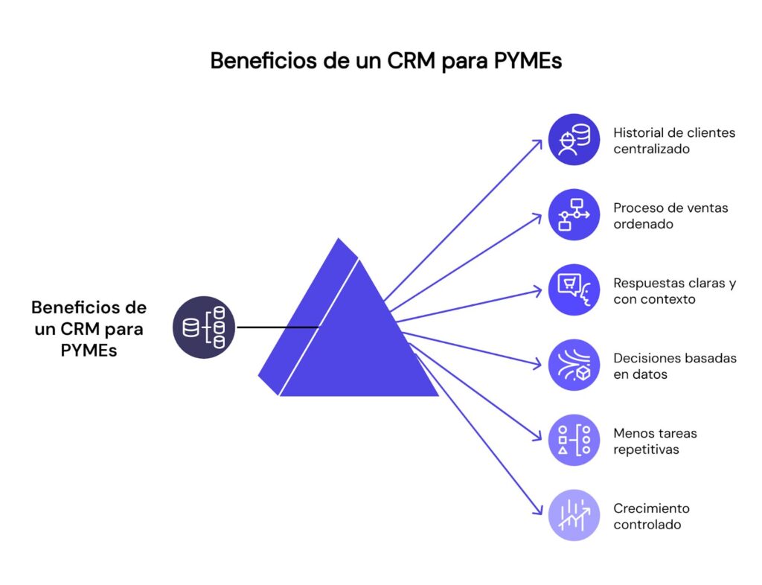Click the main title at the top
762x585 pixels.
(385, 61)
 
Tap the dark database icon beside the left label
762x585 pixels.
(203, 327)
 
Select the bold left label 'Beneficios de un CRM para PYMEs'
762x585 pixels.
(89, 327)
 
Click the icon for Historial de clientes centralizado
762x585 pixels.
(574, 139)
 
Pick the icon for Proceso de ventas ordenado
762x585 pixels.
(574, 214)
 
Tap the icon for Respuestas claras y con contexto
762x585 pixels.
(574, 290)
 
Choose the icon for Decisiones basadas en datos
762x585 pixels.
(574, 365)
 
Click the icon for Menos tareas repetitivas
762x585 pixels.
(574, 440)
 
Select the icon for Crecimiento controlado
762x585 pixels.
(574, 515)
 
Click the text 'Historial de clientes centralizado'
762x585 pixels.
(673, 141)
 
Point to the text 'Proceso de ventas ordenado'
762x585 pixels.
(670, 216)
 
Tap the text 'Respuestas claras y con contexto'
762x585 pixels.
(674, 291)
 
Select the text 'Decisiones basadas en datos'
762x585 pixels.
(674, 366)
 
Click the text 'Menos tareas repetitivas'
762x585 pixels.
(655, 441)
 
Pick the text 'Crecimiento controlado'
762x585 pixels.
(651, 517)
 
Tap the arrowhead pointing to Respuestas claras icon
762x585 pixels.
(539, 290)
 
